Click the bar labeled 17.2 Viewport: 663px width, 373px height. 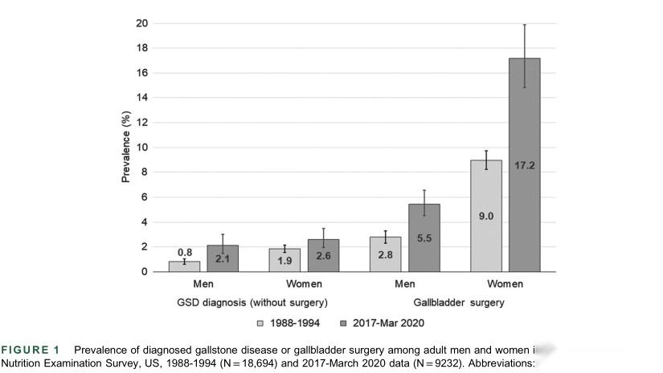524,164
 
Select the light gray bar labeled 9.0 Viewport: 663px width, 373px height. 486,216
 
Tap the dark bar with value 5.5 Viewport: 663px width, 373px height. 424,238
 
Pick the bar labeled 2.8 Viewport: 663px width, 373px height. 386,254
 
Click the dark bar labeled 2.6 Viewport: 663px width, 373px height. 323,256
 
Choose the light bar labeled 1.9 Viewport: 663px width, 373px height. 284,260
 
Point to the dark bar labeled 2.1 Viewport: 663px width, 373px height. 223,258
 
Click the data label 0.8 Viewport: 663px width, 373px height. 185,253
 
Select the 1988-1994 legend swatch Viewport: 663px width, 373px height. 260,323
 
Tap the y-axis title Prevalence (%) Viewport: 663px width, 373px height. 126,148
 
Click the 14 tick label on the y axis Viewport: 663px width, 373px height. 141,98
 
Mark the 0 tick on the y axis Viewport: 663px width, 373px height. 145,272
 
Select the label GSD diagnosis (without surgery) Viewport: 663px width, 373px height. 253,302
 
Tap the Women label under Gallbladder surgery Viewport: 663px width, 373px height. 505,284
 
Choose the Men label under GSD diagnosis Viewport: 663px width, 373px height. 203,284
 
